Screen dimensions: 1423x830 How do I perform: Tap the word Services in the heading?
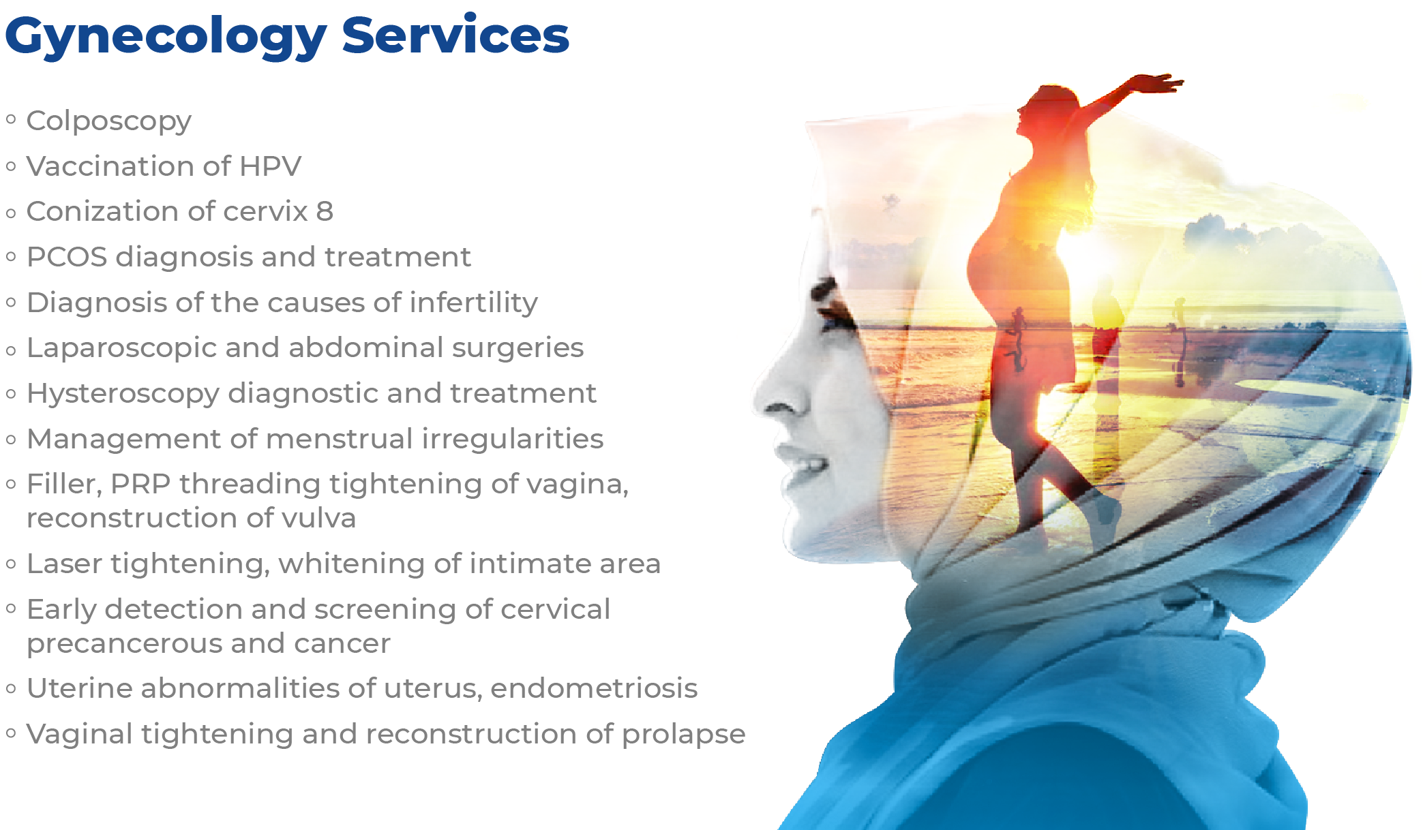coord(455,34)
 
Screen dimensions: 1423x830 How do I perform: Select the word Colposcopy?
coord(109,122)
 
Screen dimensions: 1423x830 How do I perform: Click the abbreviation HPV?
coord(270,166)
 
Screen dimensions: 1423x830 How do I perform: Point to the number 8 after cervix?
coord(325,211)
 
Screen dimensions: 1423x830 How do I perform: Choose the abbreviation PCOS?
coord(67,257)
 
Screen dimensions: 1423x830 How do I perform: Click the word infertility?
coord(474,303)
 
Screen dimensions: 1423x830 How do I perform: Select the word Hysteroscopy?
coord(123,395)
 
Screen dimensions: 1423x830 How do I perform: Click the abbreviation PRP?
coord(140,484)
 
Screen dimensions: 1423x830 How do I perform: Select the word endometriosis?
coord(594,688)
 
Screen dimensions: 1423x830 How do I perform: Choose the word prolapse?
coord(683,735)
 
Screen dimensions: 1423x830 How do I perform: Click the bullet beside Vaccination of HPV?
coord(11,166)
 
